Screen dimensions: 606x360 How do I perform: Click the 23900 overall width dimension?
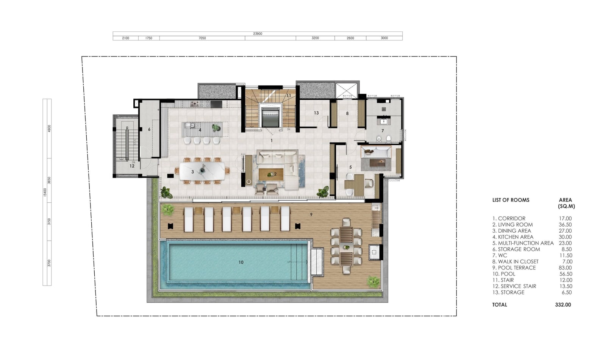click(258, 34)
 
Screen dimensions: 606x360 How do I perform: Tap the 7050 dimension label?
click(202, 38)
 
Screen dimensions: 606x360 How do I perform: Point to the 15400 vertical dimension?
click(45, 192)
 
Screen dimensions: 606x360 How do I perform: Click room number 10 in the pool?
click(241, 262)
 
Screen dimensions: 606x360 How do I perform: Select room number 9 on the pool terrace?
click(311, 214)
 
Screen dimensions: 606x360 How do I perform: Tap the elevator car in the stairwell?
click(270, 117)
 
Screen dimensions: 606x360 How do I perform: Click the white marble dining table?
click(202, 171)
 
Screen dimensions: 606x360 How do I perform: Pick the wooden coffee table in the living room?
click(271, 174)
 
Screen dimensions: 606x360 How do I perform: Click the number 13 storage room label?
click(316, 113)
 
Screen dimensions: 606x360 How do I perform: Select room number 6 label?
click(149, 129)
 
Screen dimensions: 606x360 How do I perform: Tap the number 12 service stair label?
click(132, 166)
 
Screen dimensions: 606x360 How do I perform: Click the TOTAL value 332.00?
click(563, 305)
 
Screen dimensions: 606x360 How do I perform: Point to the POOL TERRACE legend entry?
click(514, 268)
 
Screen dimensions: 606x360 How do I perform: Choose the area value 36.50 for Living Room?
click(565, 225)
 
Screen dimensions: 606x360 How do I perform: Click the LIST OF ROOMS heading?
click(511, 200)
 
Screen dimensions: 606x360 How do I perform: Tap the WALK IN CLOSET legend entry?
click(515, 261)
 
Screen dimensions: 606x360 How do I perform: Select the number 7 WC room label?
click(383, 131)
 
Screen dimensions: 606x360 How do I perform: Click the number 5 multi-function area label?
click(351, 167)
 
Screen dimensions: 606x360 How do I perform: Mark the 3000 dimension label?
click(384, 38)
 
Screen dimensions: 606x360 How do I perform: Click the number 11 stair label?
click(289, 95)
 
